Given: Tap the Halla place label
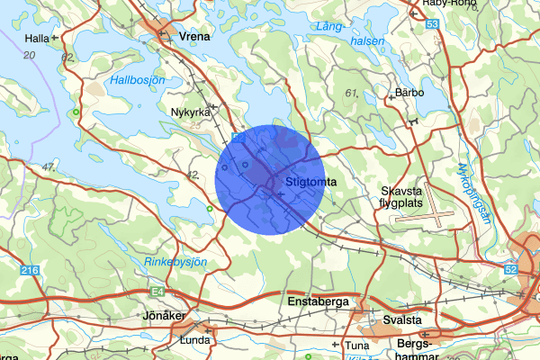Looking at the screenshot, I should tap(37, 39).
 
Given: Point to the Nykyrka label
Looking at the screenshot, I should tap(189, 112).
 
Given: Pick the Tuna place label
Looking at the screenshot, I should tap(357, 346).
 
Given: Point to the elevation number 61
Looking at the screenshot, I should tap(351, 94).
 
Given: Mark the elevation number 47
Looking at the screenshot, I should tap(49, 167).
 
